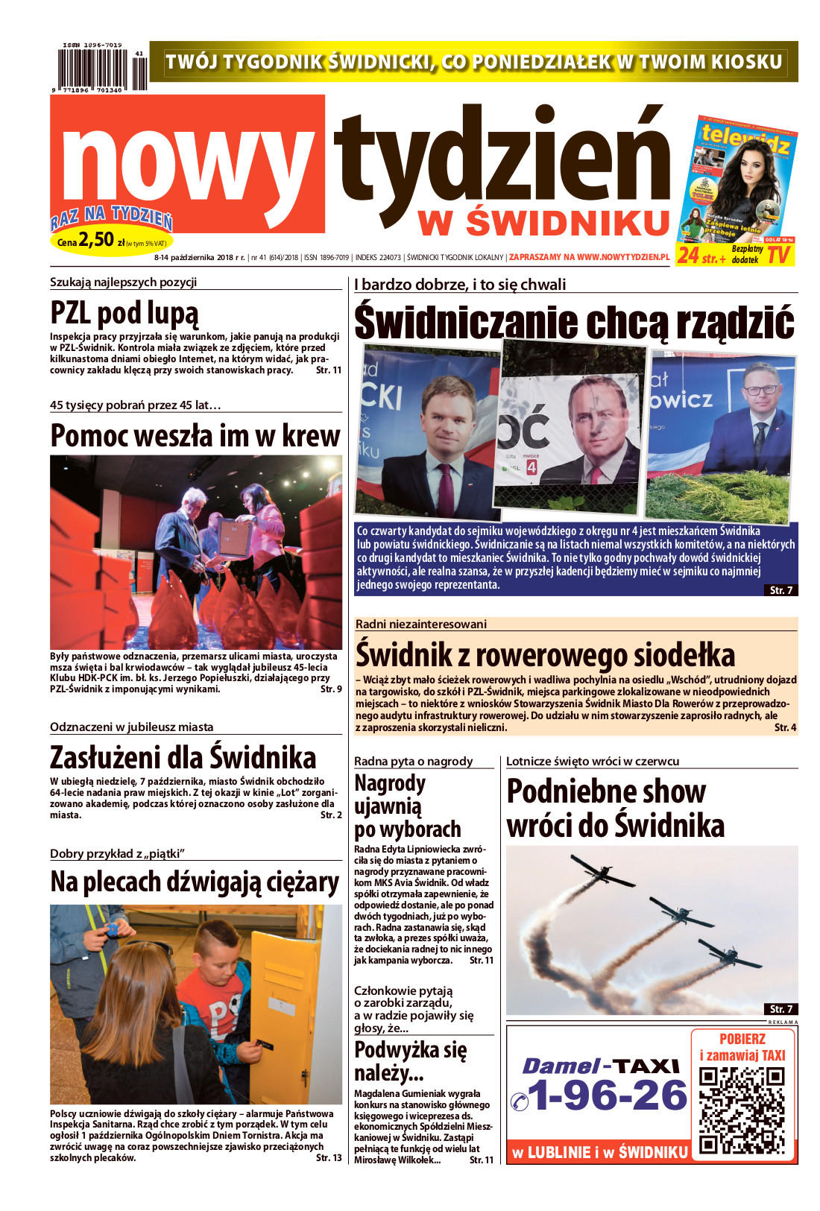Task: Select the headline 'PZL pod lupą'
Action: pos(124,314)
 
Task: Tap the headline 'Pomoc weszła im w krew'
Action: pos(195,436)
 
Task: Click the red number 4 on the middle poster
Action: pos(532,467)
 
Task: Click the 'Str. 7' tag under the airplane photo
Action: pos(780,1008)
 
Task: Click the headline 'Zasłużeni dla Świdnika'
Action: pos(183,758)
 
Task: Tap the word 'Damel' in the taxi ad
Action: pos(561,1066)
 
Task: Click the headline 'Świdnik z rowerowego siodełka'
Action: pos(545,655)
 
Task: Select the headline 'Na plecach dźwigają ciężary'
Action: pos(195,882)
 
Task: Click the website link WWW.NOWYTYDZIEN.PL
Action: pos(622,257)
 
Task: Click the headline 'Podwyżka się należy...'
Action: pos(410,1061)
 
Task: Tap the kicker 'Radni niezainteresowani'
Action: pos(420,624)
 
